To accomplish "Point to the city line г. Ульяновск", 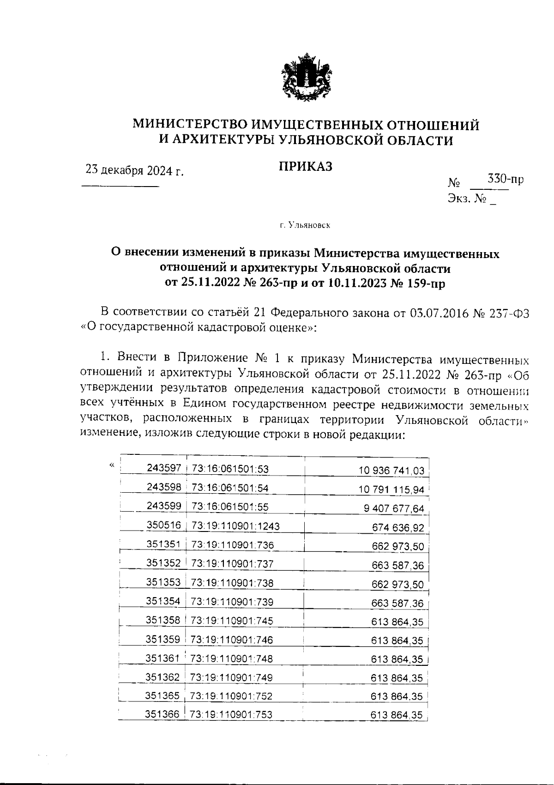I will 305,225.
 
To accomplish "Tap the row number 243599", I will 164,506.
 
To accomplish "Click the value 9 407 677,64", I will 394,509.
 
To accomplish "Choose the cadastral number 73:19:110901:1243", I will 235,526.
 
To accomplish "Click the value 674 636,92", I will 397,527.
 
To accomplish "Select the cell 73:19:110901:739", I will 232,602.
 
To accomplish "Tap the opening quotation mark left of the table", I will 111,465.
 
